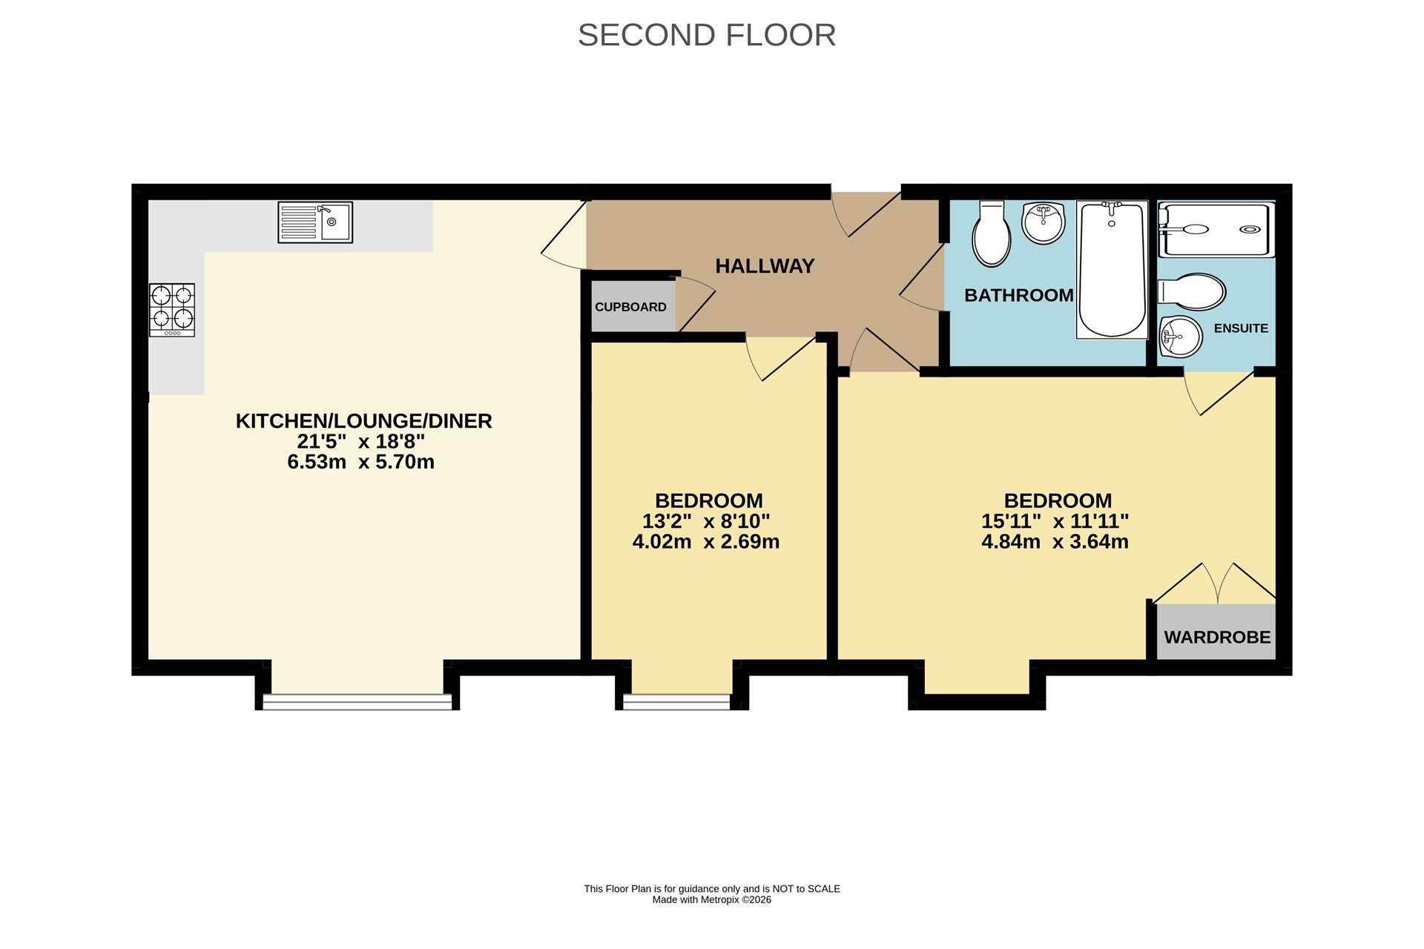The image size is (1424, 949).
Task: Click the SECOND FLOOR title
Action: pos(707,35)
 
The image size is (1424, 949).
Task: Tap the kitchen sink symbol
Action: pos(315,222)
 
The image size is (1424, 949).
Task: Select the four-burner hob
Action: pos(172,310)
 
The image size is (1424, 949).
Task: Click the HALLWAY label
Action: pos(765,265)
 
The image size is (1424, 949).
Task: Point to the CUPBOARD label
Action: pos(630,307)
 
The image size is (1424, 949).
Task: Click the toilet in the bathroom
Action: pos(992,234)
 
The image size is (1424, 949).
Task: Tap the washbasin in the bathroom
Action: pos(1044,222)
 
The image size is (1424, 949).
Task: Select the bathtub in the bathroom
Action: pos(1112,270)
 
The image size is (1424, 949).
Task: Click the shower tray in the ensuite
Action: pos(1216,229)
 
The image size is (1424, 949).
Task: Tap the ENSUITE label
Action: pos(1241,328)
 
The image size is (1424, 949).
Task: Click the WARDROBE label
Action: pos(1217,638)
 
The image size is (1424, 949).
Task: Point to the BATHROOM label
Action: pos(1019,295)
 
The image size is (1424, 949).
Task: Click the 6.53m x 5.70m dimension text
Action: pos(361,462)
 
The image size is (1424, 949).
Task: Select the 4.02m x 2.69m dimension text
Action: pos(706,542)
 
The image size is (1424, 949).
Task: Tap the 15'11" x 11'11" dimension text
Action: pos(1055,521)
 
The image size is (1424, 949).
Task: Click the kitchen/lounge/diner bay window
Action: pos(357,701)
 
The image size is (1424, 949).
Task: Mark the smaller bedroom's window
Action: pos(676,701)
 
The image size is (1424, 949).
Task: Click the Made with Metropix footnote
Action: pos(712,900)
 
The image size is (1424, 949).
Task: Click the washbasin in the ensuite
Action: pos(1181,337)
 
